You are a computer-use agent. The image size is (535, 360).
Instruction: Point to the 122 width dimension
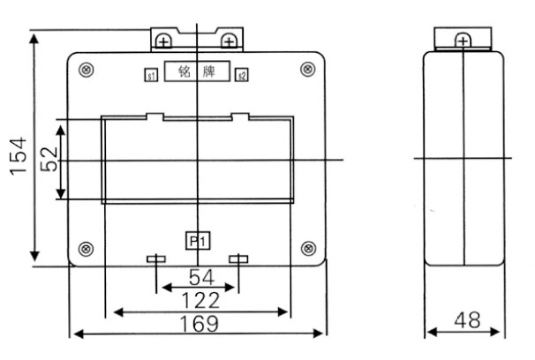coord(200,300)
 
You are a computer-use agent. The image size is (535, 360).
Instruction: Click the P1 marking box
coord(197,238)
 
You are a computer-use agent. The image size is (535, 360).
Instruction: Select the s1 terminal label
coord(151,76)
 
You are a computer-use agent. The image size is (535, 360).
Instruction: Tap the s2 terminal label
coord(241,76)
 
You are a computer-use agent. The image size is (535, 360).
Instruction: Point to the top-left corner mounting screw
coord(86,70)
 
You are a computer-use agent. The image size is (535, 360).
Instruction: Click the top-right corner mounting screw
coord(307,70)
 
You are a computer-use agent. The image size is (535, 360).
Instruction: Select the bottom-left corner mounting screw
coord(86,247)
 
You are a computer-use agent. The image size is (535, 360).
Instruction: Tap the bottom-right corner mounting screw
coord(307,247)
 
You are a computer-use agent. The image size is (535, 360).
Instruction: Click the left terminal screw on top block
coord(163,40)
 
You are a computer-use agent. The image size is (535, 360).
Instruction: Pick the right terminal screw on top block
coord(228,40)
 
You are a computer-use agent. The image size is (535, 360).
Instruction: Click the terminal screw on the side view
coord(463,40)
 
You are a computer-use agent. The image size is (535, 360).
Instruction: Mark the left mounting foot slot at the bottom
coord(154,259)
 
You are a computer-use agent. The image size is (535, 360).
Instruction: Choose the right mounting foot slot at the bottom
coord(237,259)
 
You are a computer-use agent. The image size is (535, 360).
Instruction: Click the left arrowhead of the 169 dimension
coord(76,334)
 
